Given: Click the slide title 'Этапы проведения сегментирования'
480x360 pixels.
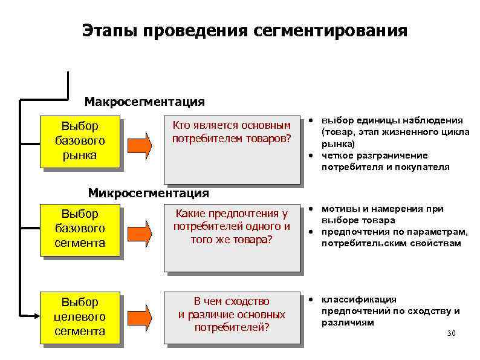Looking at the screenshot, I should click(245, 30).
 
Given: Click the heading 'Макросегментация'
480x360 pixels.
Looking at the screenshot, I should click(144, 102).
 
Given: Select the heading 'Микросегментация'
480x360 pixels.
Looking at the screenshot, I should click(148, 193).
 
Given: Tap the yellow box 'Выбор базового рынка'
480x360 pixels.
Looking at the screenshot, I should click(79, 140).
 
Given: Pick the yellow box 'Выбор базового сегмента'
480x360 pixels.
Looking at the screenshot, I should click(79, 228).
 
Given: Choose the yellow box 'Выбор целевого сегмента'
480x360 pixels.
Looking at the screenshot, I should click(79, 316).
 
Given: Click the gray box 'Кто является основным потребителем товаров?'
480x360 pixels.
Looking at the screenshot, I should click(232, 148).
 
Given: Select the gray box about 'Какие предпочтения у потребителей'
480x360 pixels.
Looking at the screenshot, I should click(232, 237).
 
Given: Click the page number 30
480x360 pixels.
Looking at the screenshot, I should click(450, 334).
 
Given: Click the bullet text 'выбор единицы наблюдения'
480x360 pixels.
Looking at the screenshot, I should click(392, 120).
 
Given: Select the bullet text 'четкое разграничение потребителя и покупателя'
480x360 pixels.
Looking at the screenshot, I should click(386, 161).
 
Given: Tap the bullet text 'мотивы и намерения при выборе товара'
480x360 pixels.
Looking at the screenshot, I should click(382, 214).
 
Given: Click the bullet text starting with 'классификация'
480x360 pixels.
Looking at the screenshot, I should click(390, 310).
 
